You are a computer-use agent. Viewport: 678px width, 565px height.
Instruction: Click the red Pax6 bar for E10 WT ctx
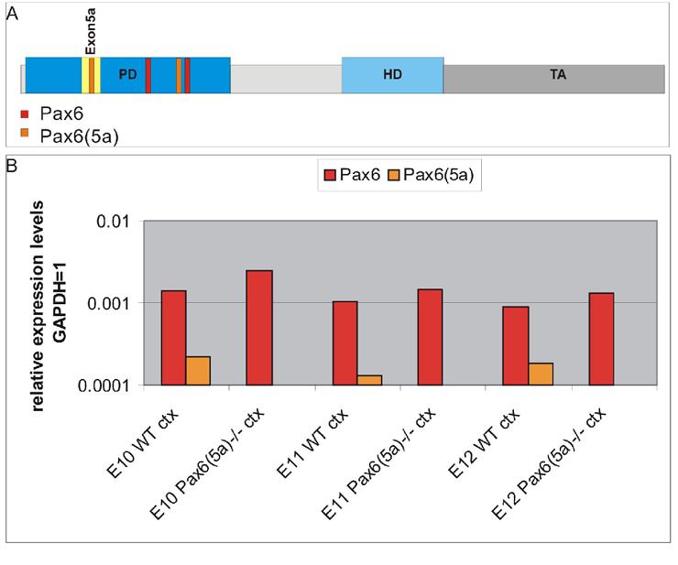click(x=174, y=338)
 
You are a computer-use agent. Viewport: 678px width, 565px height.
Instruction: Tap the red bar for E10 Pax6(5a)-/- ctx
click(x=259, y=328)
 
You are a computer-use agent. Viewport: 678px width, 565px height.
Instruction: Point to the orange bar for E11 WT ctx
click(x=369, y=380)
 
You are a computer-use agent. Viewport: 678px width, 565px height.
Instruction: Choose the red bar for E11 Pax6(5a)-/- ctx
click(x=430, y=337)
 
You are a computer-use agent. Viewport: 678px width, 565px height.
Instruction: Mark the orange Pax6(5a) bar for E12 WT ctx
click(x=541, y=374)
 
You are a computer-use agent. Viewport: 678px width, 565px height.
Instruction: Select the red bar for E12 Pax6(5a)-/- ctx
click(x=601, y=339)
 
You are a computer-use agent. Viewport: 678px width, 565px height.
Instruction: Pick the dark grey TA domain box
click(x=554, y=78)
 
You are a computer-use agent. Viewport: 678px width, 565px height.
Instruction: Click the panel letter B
click(x=12, y=167)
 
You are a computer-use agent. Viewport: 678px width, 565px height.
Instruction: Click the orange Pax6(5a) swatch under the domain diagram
click(x=25, y=134)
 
